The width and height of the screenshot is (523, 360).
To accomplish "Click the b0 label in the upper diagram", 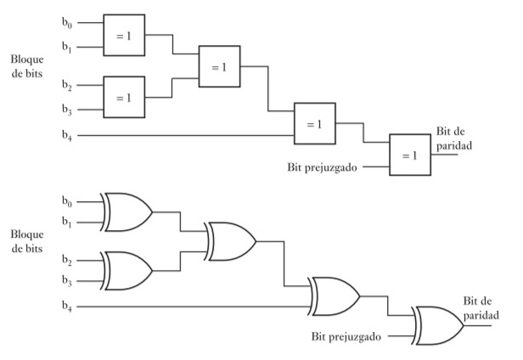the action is point(67,23).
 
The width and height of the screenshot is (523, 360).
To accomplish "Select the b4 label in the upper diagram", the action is point(67,136).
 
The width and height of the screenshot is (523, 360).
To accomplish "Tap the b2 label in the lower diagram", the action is point(67,261).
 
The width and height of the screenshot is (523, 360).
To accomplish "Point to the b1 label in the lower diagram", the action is point(67,222).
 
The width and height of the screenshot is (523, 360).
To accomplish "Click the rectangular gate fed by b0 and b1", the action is point(124,35).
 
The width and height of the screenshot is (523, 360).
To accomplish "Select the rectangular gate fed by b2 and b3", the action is point(124,97).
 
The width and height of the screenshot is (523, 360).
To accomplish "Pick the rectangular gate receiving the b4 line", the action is point(315,123).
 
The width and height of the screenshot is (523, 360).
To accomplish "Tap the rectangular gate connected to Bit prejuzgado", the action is point(410,155).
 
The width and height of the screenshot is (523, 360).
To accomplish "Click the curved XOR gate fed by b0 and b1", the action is point(127,212).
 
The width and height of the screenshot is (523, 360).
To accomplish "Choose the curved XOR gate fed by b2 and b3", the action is point(127,271).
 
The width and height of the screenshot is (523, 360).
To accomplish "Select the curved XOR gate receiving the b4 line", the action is point(334,296).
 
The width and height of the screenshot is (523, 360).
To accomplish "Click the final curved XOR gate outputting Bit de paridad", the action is point(437,326).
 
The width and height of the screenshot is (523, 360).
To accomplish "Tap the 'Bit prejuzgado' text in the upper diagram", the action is point(323,167).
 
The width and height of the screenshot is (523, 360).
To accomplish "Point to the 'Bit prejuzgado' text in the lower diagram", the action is point(346,336).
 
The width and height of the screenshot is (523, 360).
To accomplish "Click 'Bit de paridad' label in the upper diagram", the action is point(454,138).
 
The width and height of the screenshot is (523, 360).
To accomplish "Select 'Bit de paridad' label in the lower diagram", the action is point(481,308).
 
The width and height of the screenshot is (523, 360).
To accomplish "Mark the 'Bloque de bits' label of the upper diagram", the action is point(27,66).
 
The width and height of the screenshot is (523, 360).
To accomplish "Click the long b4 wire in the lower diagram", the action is point(194,307).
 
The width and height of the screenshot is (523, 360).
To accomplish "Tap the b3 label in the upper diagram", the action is point(67,110).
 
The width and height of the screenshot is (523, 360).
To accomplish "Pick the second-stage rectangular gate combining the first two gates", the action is point(219,66).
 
